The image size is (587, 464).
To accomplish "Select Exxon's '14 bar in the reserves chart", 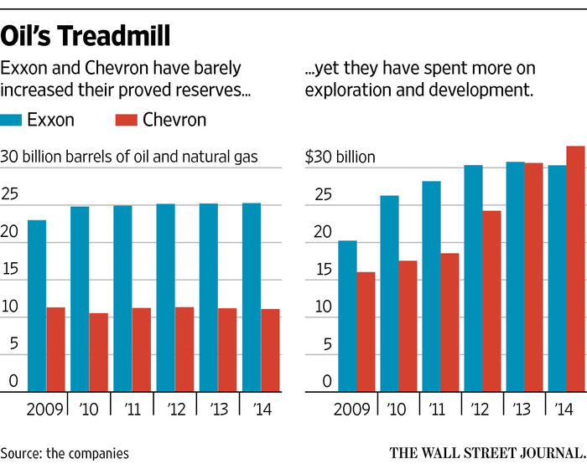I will [x=251, y=298].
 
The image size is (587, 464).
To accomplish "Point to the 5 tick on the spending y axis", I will [x=315, y=343].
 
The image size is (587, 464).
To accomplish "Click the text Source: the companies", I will [x=65, y=452].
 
